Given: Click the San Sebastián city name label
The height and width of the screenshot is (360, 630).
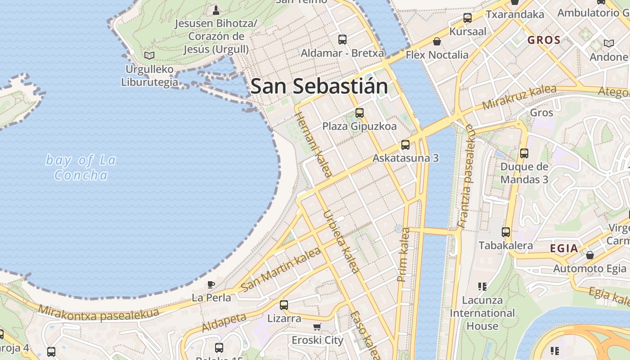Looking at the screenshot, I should point(319,86).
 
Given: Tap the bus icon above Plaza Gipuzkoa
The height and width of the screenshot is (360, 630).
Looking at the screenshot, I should point(359,113).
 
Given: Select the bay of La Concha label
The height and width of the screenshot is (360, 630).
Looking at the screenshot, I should point(81,167).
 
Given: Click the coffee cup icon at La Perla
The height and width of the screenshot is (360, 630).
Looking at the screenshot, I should point(211,284).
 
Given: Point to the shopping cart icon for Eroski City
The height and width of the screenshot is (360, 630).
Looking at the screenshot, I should point(317,327).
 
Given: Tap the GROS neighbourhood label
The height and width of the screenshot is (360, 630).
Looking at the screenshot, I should point(544,40).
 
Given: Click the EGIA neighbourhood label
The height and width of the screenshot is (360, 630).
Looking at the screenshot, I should point(564,248).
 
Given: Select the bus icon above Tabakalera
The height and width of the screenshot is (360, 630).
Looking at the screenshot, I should point(506,232).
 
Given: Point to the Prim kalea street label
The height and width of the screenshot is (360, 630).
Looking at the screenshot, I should point(404,255).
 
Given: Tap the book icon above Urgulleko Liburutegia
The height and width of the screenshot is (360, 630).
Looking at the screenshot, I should point(149,55).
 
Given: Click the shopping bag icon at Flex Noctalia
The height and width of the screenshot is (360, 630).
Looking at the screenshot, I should point(436,42).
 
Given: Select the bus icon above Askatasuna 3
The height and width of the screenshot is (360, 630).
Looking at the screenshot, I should point(405,145).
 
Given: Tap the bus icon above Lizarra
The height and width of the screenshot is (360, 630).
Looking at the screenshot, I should point(284,305).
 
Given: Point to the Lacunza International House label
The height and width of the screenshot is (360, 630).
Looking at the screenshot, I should point(482,313).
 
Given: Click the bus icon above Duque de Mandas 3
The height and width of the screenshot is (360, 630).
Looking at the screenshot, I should point(524,153).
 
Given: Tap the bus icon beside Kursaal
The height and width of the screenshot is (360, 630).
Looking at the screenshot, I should point(468,18).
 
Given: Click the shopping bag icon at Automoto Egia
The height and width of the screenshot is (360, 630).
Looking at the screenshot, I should point(589,255).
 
